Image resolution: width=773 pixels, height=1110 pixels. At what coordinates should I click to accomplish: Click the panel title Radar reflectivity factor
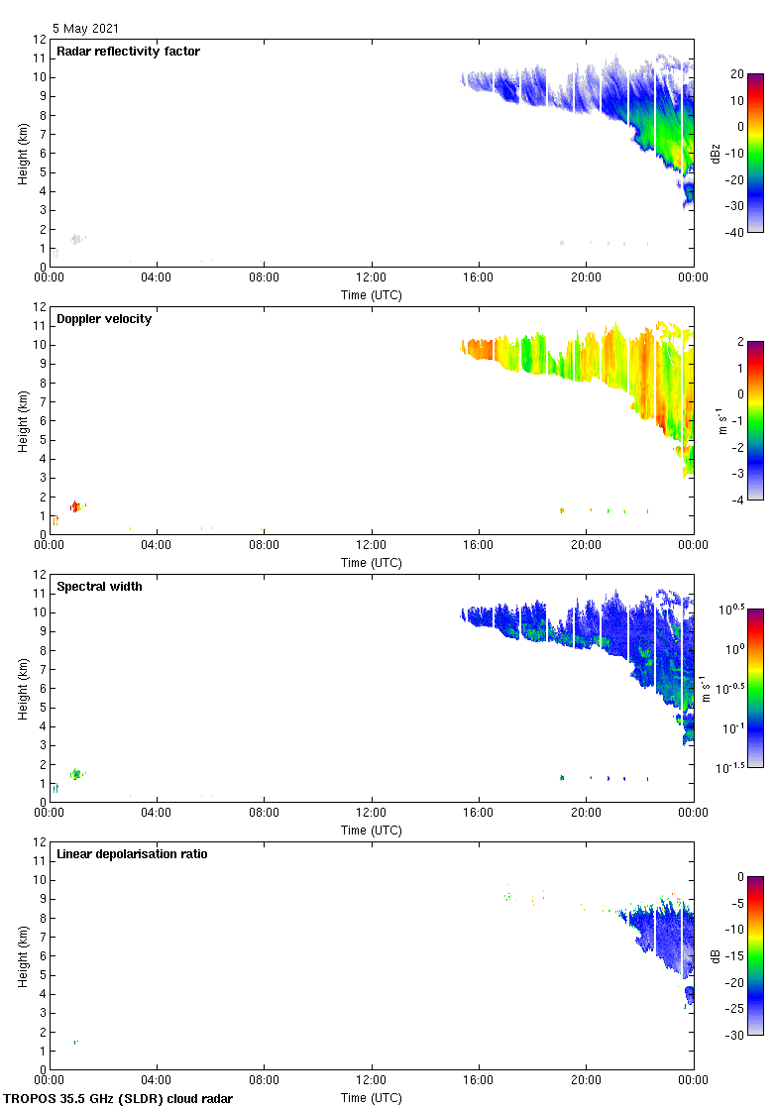pos(128,52)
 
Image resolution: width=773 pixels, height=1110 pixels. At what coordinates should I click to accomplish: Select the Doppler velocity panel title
pos(104,319)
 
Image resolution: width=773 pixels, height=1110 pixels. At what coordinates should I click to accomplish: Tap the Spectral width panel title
pos(99,587)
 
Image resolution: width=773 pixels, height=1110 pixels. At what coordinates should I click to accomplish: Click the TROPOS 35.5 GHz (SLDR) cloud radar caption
pos(119,1099)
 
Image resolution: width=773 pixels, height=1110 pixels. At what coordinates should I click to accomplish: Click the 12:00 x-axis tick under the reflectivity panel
pos(372,278)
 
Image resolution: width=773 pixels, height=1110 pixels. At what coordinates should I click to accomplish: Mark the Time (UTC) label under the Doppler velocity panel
pos(372,562)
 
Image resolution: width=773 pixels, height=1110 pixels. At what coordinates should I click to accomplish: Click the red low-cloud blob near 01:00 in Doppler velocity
pos(74,506)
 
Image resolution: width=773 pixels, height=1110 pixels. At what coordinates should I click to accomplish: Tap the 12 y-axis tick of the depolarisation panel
pos(41,841)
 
